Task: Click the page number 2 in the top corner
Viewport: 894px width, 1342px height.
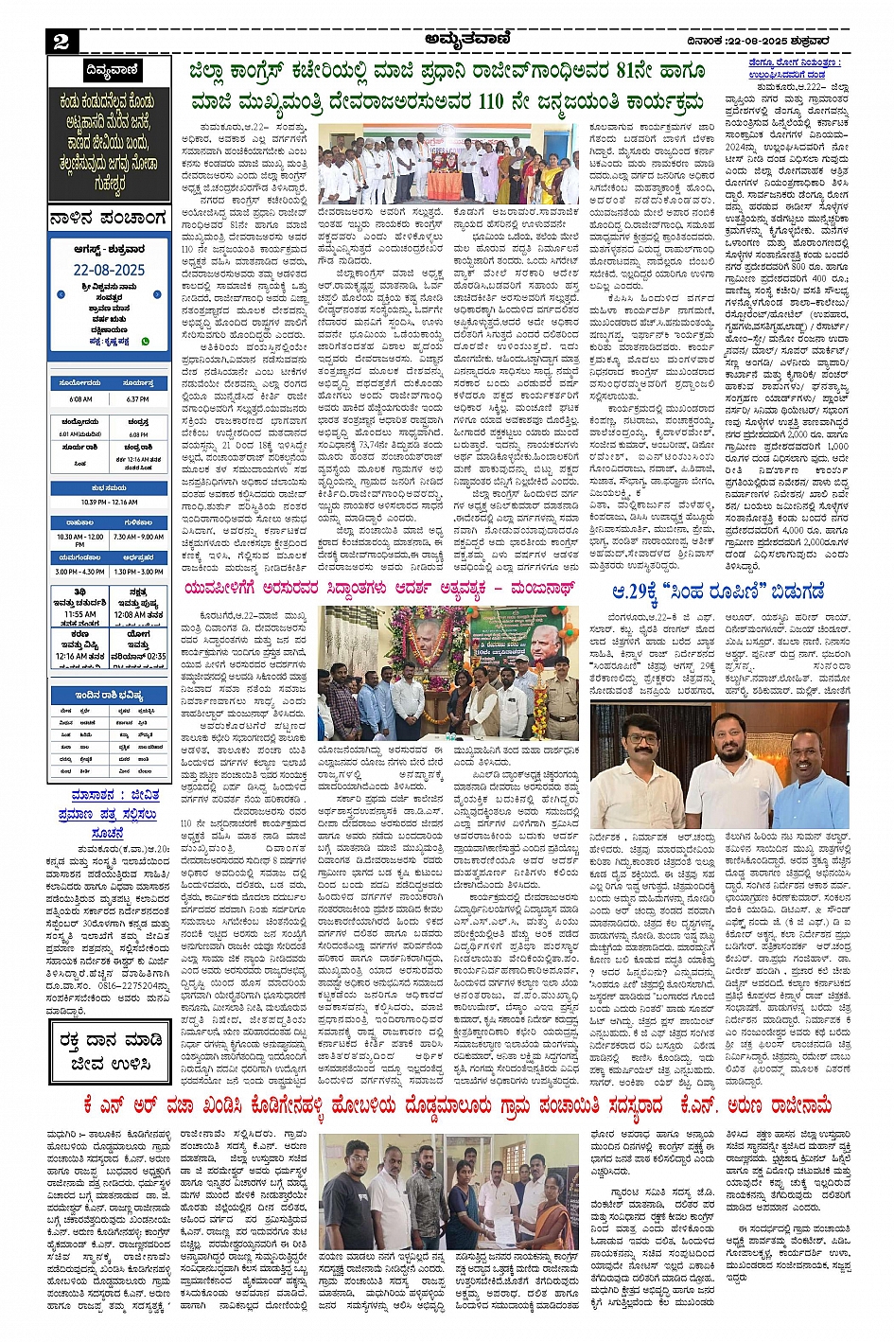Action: pos(61,40)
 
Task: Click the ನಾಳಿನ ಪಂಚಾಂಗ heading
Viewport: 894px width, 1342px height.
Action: pos(108,220)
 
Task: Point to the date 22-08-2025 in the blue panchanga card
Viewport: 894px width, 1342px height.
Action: pos(109,270)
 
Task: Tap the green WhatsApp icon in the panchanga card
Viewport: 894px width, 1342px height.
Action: pos(146,341)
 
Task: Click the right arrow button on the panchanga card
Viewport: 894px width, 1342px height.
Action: pos(157,294)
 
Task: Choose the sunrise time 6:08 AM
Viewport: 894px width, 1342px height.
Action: pos(80,398)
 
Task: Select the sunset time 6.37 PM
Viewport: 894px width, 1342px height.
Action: pos(137,398)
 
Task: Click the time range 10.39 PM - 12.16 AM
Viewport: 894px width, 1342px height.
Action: pos(109,503)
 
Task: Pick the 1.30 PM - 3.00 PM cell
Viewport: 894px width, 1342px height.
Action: pos(138,572)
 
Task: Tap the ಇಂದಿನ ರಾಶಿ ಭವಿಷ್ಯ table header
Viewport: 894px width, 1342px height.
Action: pos(110,695)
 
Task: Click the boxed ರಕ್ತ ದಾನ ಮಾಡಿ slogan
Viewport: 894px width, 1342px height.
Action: pos(109,1051)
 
